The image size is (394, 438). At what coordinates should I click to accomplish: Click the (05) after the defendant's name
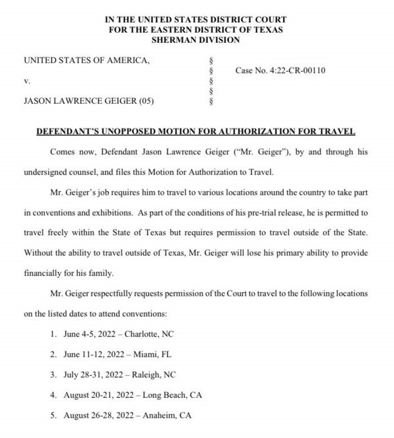click(x=146, y=102)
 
